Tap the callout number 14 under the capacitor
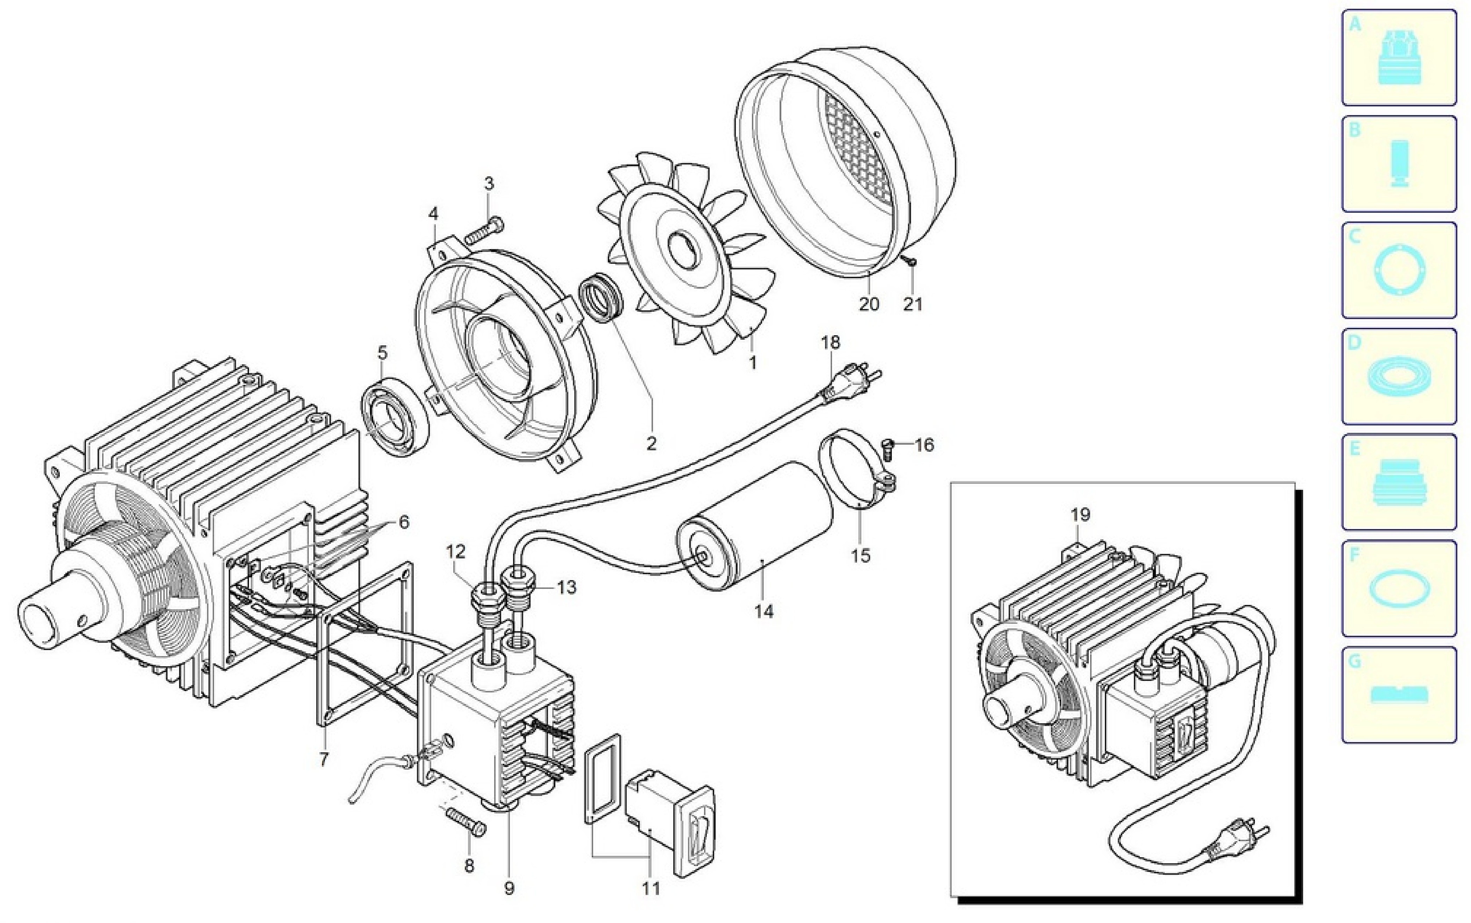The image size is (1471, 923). [763, 611]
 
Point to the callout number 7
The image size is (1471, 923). [324, 759]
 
